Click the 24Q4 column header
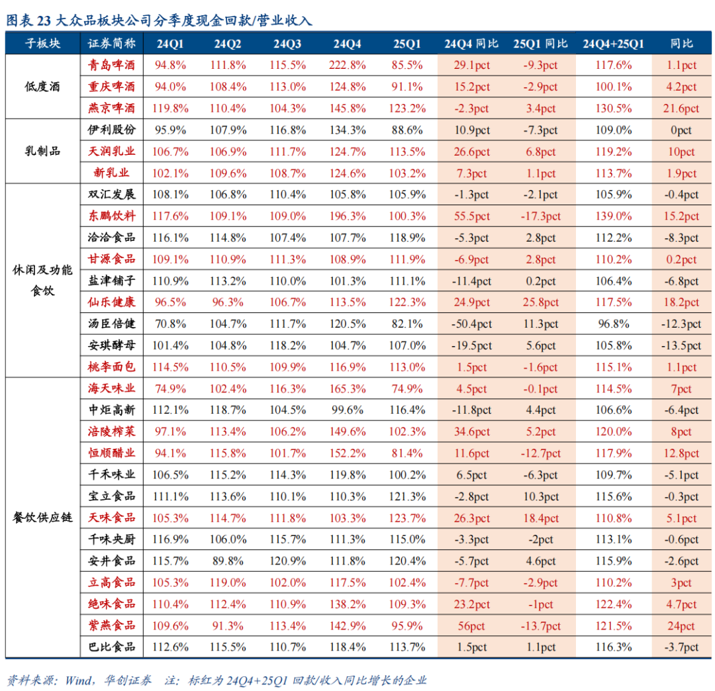coord(347,44)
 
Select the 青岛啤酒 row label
coord(112,66)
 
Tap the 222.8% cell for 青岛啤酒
coord(347,66)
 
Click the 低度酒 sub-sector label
coord(42,87)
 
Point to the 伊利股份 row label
coord(112,130)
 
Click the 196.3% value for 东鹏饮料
coord(347,216)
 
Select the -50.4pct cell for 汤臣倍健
coord(473,324)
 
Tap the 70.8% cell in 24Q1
coord(171,324)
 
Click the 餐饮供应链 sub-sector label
coord(42,518)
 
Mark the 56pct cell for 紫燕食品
coord(473,626)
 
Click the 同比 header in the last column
coord(682,44)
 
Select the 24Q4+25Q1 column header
coord(613,44)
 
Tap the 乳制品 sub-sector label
coord(42,152)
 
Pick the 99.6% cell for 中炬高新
coord(347,410)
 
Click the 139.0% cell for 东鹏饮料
coord(613,216)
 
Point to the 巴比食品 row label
coord(112,647)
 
